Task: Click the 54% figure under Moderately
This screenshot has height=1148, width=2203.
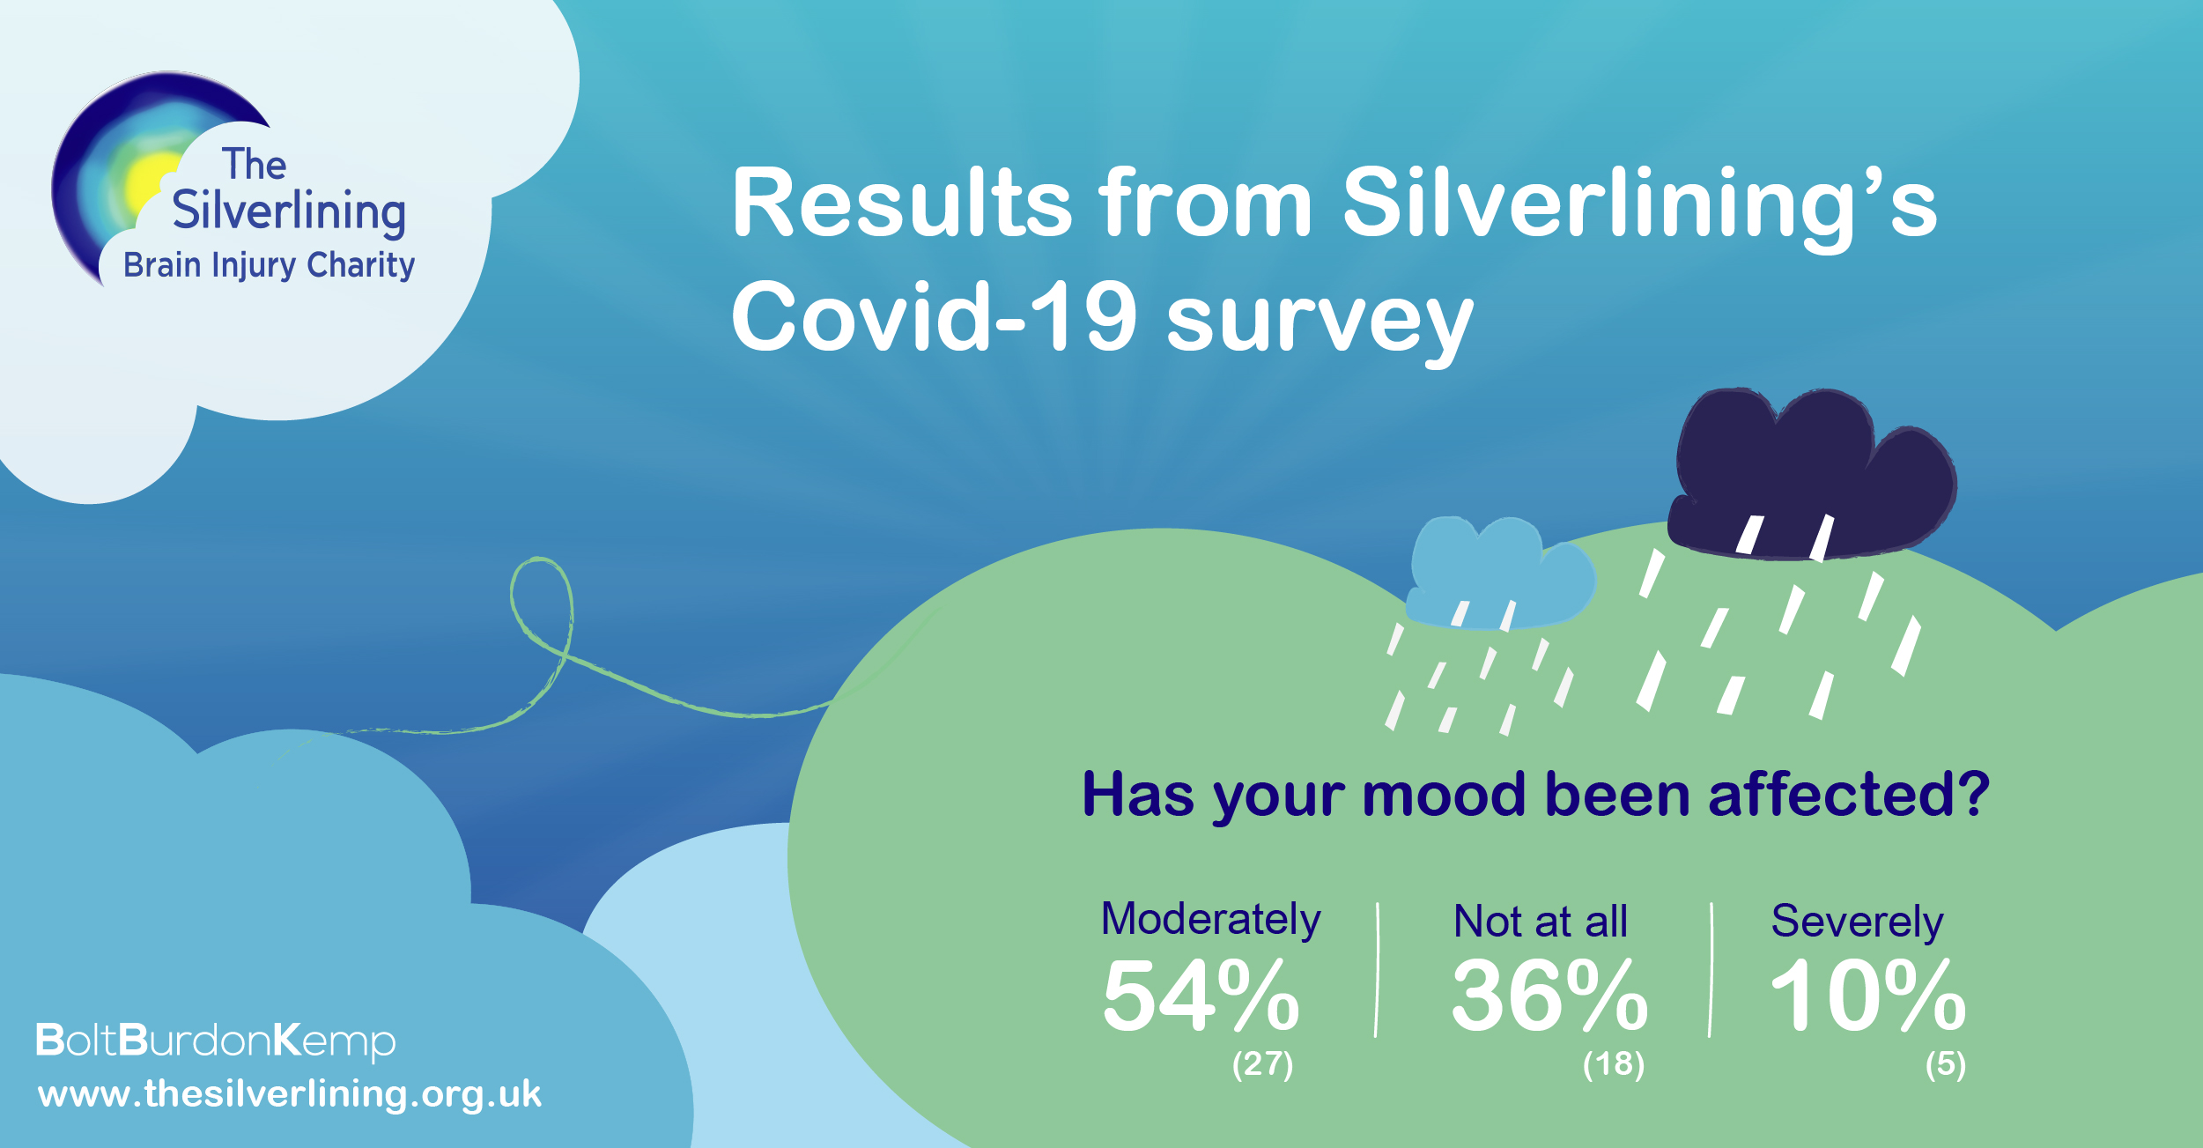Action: point(1201,996)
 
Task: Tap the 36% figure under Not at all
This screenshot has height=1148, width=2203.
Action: point(1549,996)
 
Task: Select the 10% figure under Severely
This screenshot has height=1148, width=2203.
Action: point(1868,996)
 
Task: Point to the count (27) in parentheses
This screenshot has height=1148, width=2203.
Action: point(1262,1064)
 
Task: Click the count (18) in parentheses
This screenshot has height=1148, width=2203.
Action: point(1613,1064)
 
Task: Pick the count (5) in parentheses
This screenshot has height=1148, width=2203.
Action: point(1946,1064)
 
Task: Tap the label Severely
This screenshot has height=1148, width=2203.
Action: point(1857,922)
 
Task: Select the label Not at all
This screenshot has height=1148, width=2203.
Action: point(1540,922)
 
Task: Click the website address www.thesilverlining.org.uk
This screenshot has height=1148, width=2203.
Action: point(289,1094)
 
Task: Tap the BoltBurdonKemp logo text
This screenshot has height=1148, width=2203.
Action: point(216,1041)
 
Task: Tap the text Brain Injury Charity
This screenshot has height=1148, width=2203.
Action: point(269,265)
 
